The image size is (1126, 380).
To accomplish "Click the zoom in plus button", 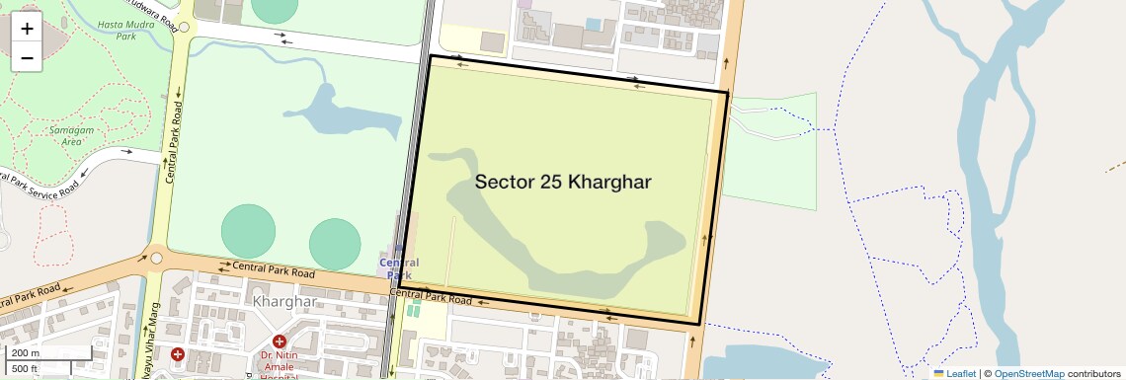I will click(x=27, y=29).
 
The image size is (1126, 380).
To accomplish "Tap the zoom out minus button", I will click(x=27, y=58).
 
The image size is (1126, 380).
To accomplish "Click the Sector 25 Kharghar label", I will click(x=563, y=182).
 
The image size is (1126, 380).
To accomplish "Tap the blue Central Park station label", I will click(x=399, y=268).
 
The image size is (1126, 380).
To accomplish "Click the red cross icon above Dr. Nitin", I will click(x=280, y=342).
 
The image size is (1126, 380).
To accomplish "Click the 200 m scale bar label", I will click(x=26, y=353).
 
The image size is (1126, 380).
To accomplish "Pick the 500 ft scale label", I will click(x=25, y=368).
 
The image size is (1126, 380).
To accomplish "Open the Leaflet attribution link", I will click(x=955, y=374).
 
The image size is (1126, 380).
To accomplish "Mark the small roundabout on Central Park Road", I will click(x=156, y=259).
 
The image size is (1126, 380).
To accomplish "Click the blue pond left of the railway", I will click(x=336, y=109).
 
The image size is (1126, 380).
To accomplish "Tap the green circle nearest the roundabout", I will click(x=248, y=230).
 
